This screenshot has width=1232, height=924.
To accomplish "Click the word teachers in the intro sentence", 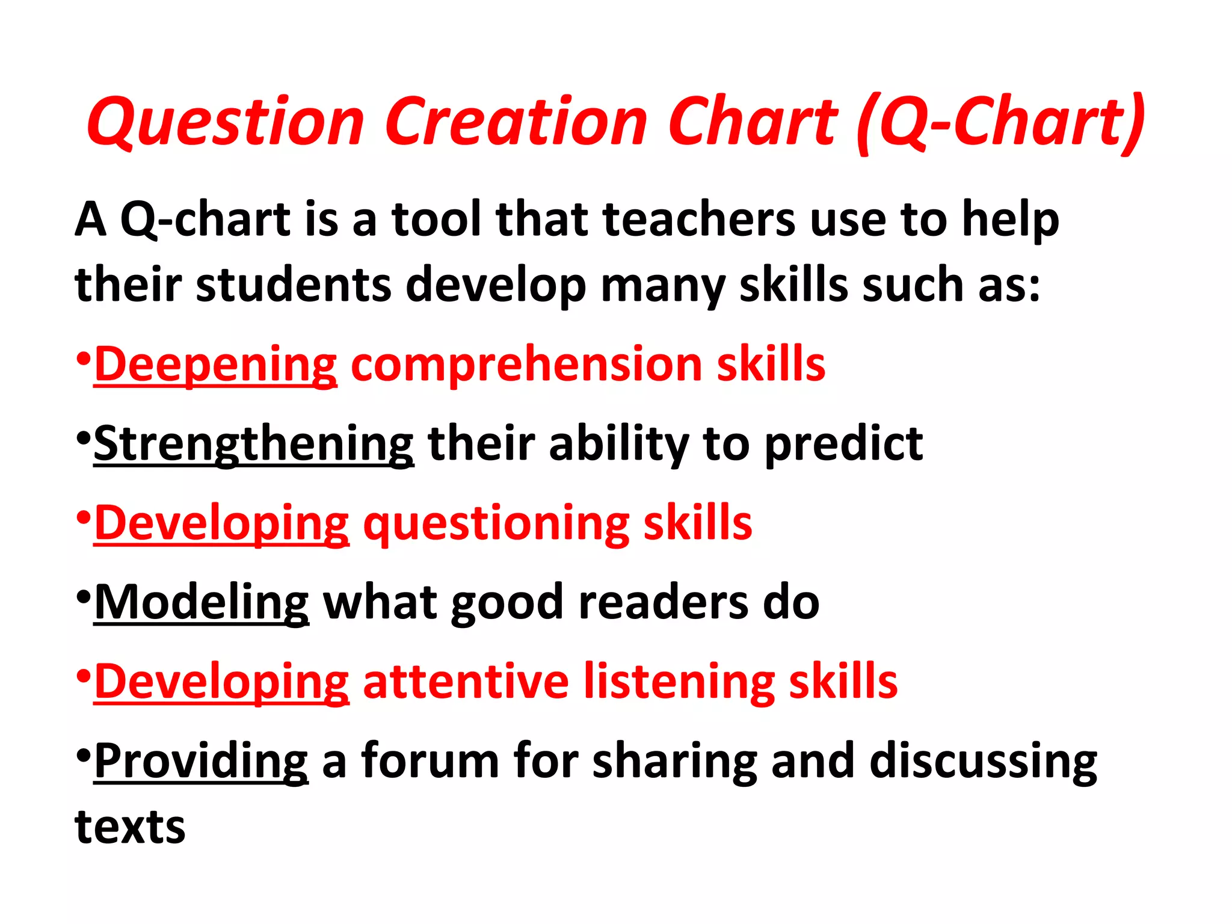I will pyautogui.click(x=698, y=219).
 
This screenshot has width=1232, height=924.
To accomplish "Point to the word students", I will pyautogui.click(x=294, y=285).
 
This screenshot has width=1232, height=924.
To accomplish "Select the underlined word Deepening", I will pyautogui.click(x=215, y=365).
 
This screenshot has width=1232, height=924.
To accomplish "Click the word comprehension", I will pyautogui.click(x=526, y=365).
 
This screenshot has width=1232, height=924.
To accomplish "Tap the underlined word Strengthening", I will pyautogui.click(x=253, y=445).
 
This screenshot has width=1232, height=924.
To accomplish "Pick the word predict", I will pyautogui.click(x=843, y=445).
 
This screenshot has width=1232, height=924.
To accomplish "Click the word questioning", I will pyautogui.click(x=496, y=523).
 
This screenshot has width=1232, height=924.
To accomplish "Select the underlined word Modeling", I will pyautogui.click(x=202, y=603).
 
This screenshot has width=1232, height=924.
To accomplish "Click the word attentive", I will pyautogui.click(x=466, y=682).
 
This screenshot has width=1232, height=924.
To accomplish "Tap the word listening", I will pyautogui.click(x=679, y=682).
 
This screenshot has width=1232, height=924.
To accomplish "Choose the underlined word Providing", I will pyautogui.click(x=201, y=762).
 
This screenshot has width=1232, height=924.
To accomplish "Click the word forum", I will pyautogui.click(x=430, y=762).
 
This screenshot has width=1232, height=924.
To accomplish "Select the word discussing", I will pyautogui.click(x=983, y=762).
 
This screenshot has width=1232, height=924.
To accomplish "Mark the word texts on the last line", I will pyautogui.click(x=130, y=827).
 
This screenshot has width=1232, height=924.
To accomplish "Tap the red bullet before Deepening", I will pyautogui.click(x=84, y=359).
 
